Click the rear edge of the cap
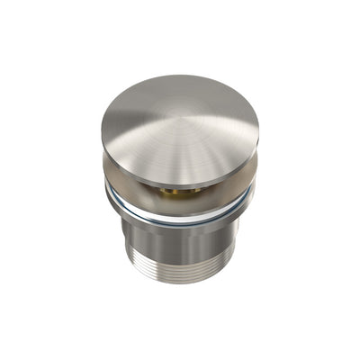point(180,76)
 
